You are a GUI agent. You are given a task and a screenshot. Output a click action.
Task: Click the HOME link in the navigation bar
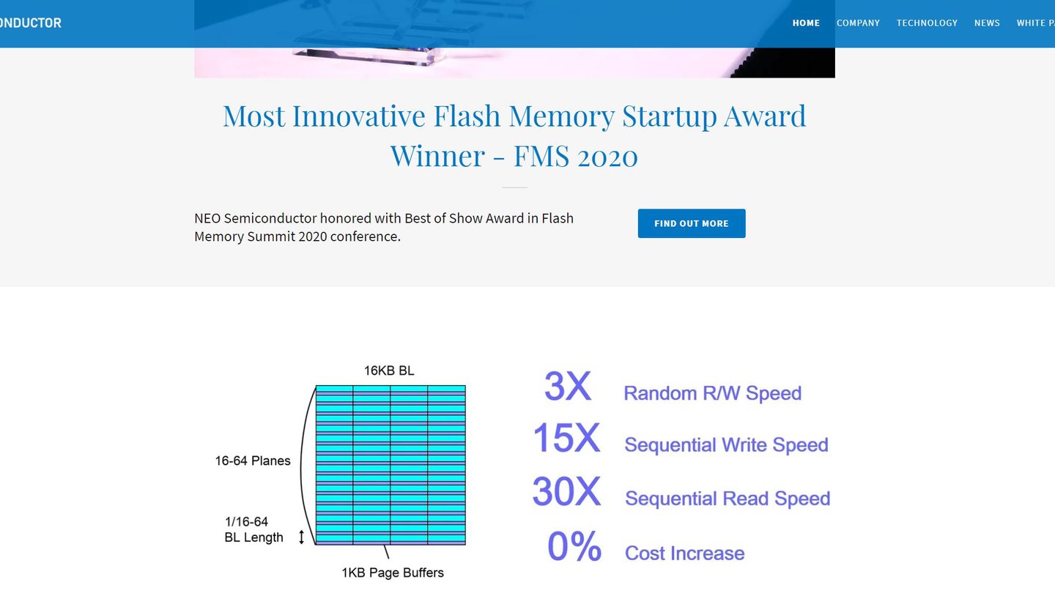pos(806,23)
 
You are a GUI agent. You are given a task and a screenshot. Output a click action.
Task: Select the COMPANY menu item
pos(858,23)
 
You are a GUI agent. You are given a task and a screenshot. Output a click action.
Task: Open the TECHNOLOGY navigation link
pos(927,23)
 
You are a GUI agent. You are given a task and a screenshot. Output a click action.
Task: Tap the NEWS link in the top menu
pos(987,23)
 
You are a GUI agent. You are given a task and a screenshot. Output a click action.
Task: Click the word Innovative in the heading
pos(358,116)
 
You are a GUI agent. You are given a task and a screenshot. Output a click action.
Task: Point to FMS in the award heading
pos(541,156)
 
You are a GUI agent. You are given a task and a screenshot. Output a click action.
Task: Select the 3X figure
pos(568,387)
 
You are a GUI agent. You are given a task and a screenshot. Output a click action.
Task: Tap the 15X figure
pos(566,438)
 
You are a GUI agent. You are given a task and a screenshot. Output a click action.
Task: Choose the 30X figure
pos(566,491)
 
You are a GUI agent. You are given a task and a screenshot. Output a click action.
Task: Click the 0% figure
pos(574,546)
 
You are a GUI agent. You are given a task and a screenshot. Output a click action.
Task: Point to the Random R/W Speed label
pos(713,393)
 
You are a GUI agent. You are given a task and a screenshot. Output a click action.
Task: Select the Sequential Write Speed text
pos(726,445)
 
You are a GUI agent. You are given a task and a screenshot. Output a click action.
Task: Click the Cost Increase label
pos(685,553)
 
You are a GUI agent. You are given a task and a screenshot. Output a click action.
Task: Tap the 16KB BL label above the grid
pos(389,371)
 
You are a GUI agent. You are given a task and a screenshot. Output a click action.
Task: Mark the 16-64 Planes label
pos(253,460)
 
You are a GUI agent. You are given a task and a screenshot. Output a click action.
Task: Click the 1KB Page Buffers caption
pos(393,573)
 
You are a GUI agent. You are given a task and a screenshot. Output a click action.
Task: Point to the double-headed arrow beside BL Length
pos(301,537)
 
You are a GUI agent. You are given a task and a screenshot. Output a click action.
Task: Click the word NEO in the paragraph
pos(207,218)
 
